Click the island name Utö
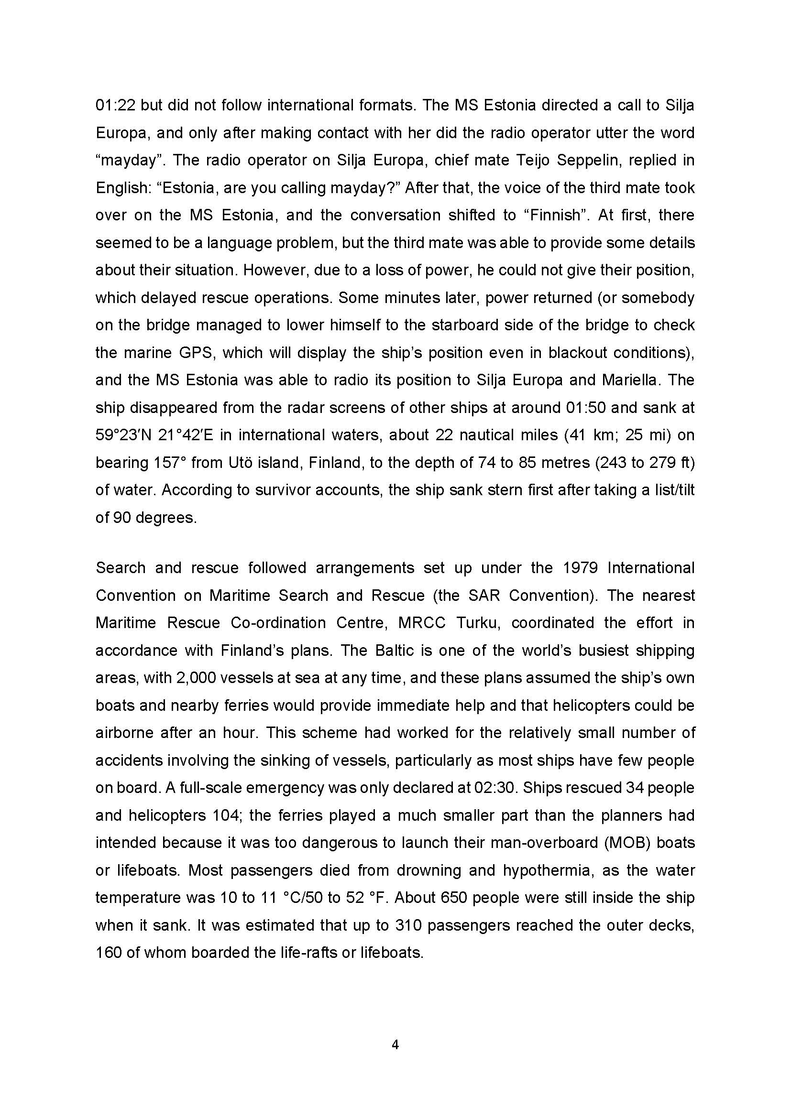point(240,463)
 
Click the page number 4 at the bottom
point(395,1044)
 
